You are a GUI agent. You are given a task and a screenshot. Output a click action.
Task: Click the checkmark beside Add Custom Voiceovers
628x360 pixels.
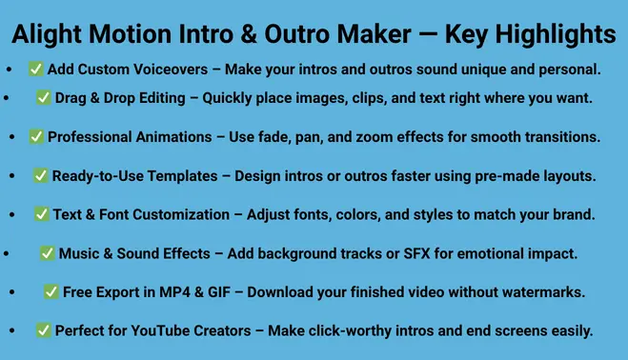pyautogui.click(x=35, y=70)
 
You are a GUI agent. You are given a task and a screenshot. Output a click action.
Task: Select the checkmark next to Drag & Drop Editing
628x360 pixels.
pyautogui.click(x=43, y=97)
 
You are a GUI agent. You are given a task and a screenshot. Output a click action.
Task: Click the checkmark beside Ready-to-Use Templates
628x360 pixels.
pyautogui.click(x=41, y=175)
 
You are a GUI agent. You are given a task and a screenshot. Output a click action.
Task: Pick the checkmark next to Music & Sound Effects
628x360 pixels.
pyautogui.click(x=48, y=253)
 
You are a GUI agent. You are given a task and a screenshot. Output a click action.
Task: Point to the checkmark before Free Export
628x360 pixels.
pyautogui.click(x=51, y=291)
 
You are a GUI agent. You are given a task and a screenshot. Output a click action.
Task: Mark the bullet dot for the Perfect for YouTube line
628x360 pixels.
pyautogui.click(x=12, y=330)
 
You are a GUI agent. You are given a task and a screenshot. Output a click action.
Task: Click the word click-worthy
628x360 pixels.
pyautogui.click(x=365, y=330)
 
